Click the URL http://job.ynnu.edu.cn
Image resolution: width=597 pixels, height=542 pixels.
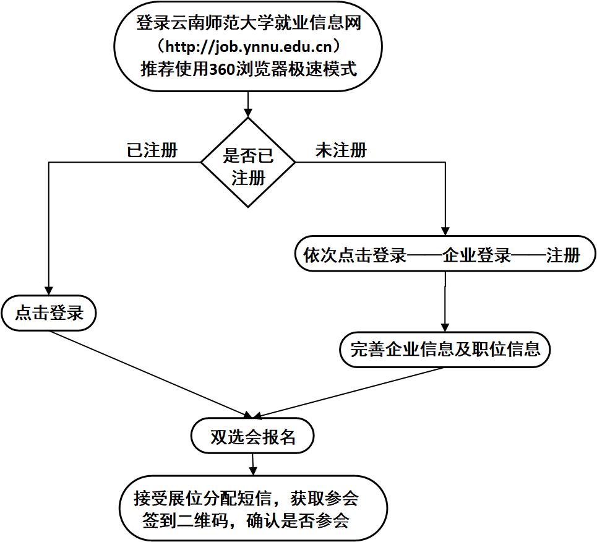coord(248,46)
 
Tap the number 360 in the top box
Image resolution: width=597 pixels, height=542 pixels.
coord(221,69)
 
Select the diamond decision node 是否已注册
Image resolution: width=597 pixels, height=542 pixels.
coord(248,163)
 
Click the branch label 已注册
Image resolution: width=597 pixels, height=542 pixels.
coord(152,150)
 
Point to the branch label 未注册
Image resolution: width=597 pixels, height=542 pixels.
coord(341,150)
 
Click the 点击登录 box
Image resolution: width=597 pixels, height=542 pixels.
coord(49,313)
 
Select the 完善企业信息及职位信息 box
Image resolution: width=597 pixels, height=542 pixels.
coord(445,350)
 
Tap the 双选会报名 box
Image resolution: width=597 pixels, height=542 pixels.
coord(252,437)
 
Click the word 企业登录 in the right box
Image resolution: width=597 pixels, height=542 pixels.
coord(477,256)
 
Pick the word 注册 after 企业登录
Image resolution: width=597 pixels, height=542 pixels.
coord(563,256)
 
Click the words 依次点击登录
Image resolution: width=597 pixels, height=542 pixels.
coord(354,256)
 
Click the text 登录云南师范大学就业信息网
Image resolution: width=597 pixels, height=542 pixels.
coord(248,24)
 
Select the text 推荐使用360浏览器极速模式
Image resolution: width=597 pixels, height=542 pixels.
coord(248,69)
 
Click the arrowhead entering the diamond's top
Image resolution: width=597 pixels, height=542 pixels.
coord(248,113)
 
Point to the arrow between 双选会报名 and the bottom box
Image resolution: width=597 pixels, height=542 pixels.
coord(252,465)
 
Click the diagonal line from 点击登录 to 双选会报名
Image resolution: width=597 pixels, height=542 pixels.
coord(148,374)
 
